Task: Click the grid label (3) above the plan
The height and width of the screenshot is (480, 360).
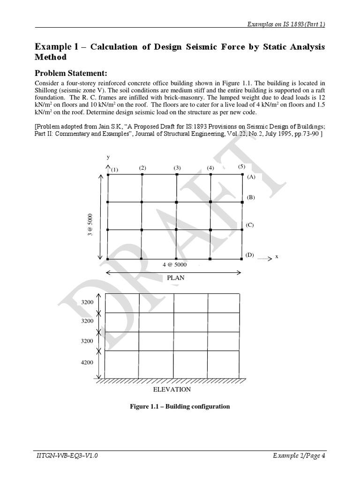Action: (x=177, y=168)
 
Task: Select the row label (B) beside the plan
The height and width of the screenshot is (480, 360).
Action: (x=251, y=197)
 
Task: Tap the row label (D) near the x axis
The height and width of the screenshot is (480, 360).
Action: (x=249, y=255)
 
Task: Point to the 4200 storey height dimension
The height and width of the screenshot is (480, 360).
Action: (x=87, y=362)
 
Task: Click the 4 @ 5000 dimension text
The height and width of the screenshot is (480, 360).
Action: (x=174, y=264)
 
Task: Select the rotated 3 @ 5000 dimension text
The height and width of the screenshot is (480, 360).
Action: (x=90, y=225)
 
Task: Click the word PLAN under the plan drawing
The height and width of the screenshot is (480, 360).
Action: (x=176, y=277)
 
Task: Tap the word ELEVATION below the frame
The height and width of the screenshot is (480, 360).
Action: (x=172, y=389)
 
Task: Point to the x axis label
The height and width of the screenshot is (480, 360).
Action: (x=277, y=256)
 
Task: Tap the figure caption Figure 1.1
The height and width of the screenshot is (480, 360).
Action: (x=180, y=406)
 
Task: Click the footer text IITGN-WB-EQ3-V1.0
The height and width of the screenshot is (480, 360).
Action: (x=67, y=455)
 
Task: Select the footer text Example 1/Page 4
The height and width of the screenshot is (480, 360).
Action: (x=299, y=455)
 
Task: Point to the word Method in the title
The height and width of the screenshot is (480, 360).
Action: (x=51, y=57)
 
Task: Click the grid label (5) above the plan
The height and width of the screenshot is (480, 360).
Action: (x=241, y=166)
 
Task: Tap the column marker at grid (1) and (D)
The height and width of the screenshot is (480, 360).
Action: (x=108, y=259)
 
